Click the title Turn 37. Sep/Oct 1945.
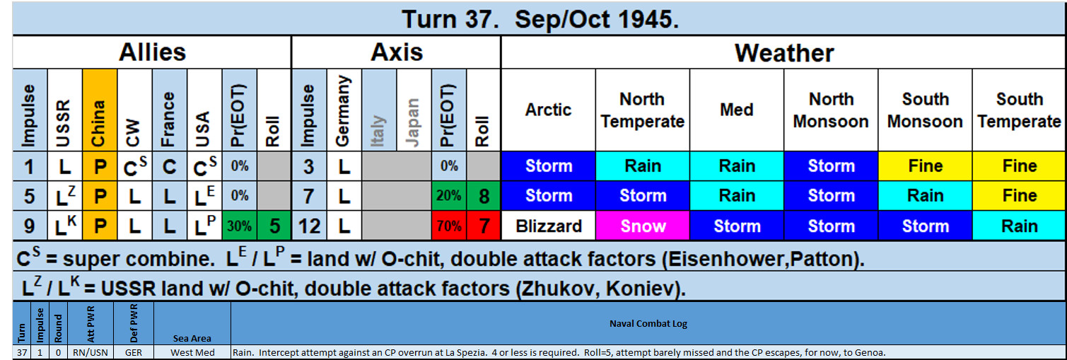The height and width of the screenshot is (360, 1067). (540, 20)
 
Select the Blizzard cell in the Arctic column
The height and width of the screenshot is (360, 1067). (548, 226)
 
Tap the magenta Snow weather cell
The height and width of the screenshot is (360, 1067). (642, 226)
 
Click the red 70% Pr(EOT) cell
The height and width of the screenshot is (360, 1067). (449, 226)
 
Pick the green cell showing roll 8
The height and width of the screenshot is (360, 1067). (484, 196)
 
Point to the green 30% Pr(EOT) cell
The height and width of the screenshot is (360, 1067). (239, 226)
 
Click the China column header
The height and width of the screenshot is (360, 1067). (100, 110)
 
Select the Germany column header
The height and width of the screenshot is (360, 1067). (344, 110)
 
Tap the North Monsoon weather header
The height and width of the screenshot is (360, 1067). (831, 110)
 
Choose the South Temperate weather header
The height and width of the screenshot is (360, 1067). (1020, 110)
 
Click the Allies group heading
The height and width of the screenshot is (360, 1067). (152, 52)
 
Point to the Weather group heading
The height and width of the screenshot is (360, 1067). (784, 52)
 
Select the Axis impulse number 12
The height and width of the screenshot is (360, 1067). (309, 226)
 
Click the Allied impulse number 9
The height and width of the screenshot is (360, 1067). (30, 226)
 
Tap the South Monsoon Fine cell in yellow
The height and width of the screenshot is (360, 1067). (925, 166)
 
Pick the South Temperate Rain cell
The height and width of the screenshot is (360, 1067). (1020, 226)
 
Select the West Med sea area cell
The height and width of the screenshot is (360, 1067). (192, 353)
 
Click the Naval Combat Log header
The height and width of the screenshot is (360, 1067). (648, 324)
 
